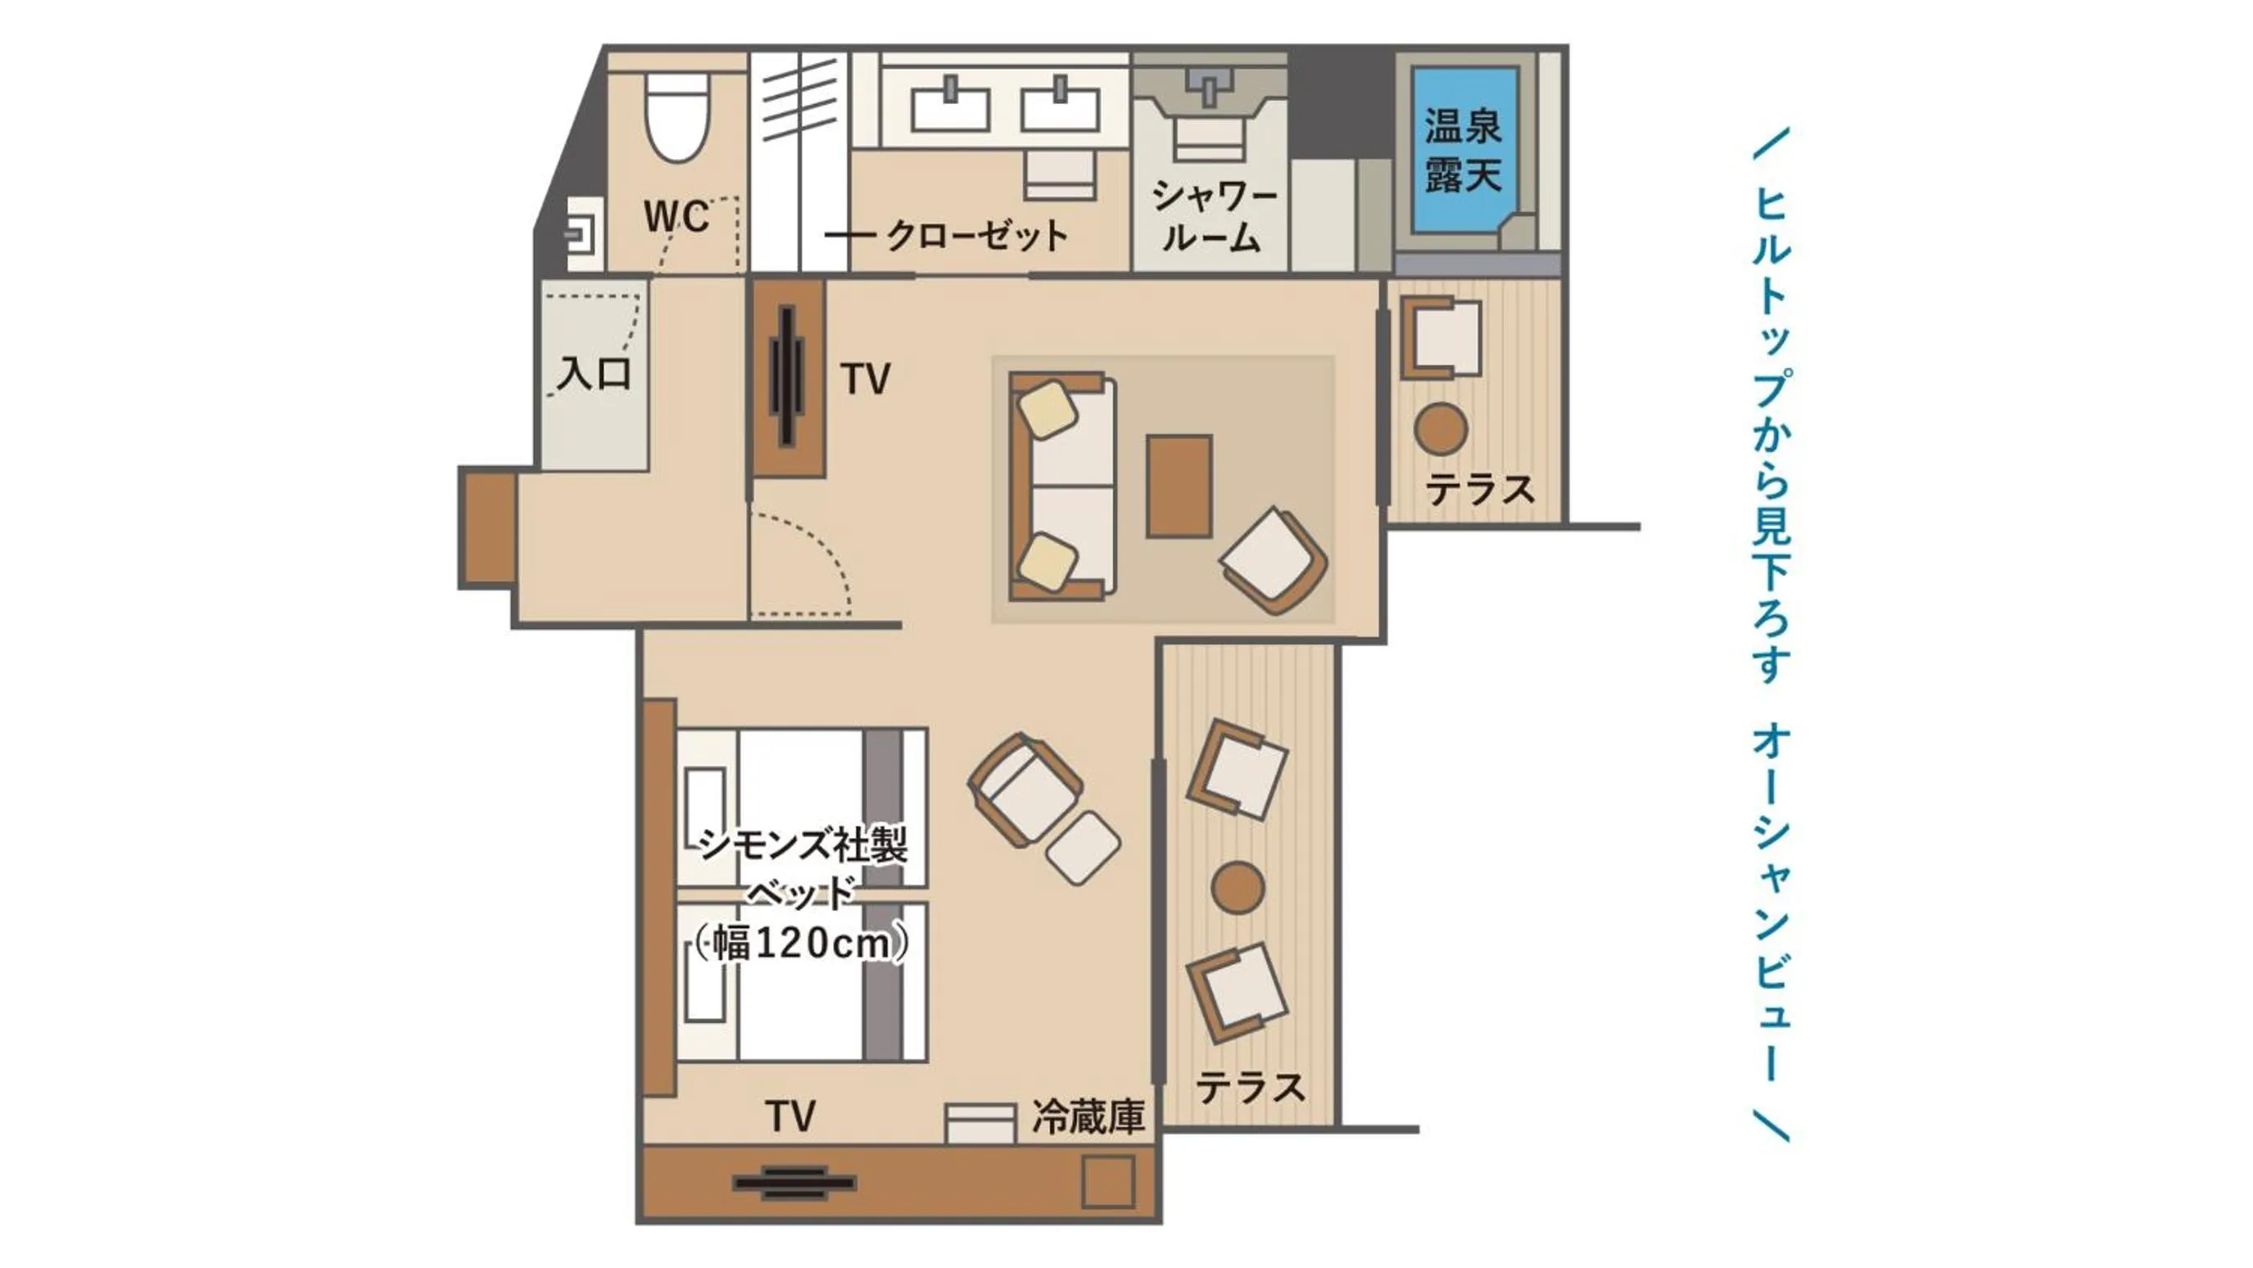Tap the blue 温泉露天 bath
[1463, 151]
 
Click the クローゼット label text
[977, 235]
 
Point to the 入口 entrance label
[595, 374]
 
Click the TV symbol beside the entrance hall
[787, 377]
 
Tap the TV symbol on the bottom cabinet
[794, 1183]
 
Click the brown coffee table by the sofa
[1179, 487]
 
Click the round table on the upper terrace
[1441, 429]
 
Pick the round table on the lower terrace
[1237, 888]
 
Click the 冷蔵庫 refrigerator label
[1088, 1116]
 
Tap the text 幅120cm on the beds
[802, 944]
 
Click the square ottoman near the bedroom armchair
[1083, 849]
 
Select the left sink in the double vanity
[950, 109]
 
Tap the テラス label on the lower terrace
[1250, 1088]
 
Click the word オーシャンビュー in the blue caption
[1772, 901]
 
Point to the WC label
[675, 216]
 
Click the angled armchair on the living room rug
[1274, 561]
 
